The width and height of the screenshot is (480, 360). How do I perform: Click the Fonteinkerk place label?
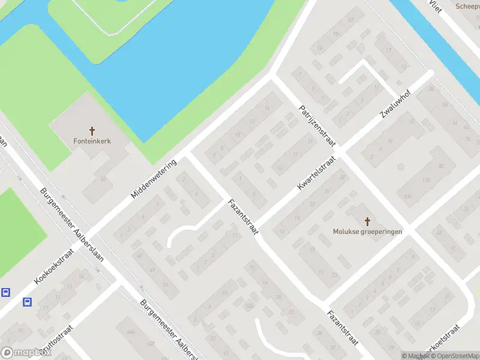click(92, 142)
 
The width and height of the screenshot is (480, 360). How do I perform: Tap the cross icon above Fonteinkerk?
click(92, 130)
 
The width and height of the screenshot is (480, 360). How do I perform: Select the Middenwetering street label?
click(154, 179)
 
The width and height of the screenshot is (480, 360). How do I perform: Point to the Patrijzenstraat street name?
click(317, 127)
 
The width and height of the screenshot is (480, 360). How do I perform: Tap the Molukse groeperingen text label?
click(368, 231)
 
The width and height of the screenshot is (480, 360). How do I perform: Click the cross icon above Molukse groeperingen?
click(368, 220)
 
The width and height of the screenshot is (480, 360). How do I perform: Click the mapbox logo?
click(25, 352)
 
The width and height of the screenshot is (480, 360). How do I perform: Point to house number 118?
click(427, 180)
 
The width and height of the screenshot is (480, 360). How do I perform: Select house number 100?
click(409, 197)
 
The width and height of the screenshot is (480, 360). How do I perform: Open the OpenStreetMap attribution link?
click(454, 356)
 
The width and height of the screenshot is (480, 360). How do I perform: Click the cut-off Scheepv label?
click(467, 6)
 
